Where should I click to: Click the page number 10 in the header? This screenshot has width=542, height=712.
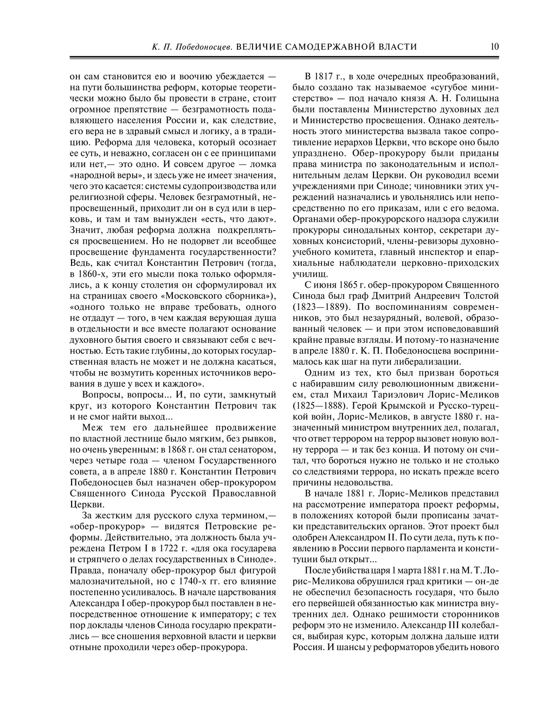(494, 47)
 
